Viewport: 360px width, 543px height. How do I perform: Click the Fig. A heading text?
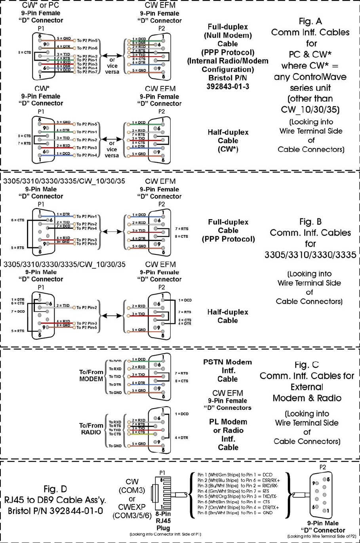[x=310, y=21]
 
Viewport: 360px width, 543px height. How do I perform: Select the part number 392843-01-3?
[x=228, y=86]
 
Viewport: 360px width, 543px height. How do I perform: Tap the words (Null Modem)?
[x=228, y=35]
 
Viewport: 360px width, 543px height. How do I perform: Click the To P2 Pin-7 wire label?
[x=87, y=72]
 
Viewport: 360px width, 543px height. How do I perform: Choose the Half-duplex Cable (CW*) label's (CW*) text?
[x=228, y=149]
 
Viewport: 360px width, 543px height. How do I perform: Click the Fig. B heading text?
[x=310, y=222]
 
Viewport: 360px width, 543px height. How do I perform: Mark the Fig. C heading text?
[x=307, y=365]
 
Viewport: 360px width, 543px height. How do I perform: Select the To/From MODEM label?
[x=91, y=375]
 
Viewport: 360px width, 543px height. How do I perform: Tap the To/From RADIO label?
[x=91, y=428]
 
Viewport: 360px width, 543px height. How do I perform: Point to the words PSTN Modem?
[x=227, y=362]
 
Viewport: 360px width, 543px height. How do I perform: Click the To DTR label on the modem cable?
[x=115, y=384]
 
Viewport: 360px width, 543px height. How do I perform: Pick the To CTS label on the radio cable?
[x=115, y=434]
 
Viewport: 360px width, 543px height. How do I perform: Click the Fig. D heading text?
[x=55, y=489]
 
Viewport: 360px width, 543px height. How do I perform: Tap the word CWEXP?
[x=132, y=507]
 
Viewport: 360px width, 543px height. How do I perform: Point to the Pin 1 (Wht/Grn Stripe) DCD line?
[x=240, y=474]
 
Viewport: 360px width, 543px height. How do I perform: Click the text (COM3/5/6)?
[x=132, y=516]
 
